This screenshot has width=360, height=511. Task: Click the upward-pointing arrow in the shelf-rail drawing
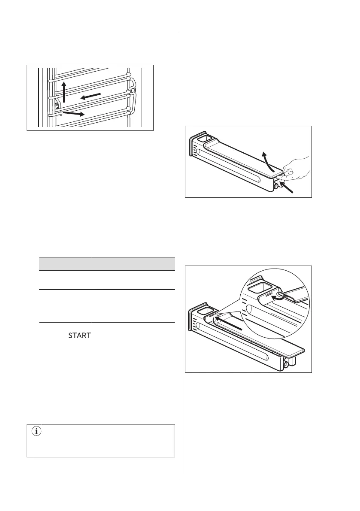tap(64, 92)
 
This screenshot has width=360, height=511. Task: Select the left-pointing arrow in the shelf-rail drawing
tap(91, 96)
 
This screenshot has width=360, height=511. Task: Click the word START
tap(79, 336)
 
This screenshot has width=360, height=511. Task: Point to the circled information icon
tap(36, 432)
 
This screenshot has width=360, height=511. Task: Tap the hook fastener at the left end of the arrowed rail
tap(56, 106)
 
